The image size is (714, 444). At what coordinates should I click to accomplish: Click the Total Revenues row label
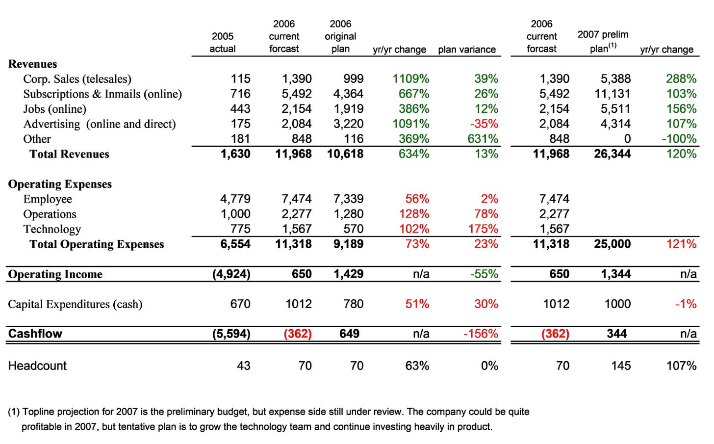click(69, 154)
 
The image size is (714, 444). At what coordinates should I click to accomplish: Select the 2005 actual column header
click(223, 42)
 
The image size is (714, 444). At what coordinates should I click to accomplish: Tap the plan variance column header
click(467, 50)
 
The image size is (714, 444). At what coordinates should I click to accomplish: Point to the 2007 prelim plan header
click(603, 42)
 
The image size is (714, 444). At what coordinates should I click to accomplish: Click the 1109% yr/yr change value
click(410, 79)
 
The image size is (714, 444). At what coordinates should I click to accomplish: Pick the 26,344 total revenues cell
click(612, 154)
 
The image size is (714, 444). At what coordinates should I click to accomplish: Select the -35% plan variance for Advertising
click(484, 124)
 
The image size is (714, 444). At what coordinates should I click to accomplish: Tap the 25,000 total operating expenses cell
click(612, 244)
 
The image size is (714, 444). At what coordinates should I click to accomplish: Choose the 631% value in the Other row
click(483, 139)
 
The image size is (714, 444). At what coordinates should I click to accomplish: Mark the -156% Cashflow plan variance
click(481, 334)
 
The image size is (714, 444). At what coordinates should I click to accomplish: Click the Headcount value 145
click(621, 366)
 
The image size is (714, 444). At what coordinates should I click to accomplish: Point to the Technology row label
click(52, 229)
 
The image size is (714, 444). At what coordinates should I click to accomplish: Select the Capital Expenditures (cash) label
click(75, 304)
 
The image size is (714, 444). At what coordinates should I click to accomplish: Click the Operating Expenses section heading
click(60, 184)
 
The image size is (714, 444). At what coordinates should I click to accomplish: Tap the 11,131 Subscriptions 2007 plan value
click(612, 94)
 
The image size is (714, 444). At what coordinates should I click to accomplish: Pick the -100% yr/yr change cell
click(679, 139)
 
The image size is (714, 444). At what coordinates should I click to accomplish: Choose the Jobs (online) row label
click(55, 109)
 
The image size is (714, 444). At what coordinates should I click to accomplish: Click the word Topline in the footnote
click(36, 412)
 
